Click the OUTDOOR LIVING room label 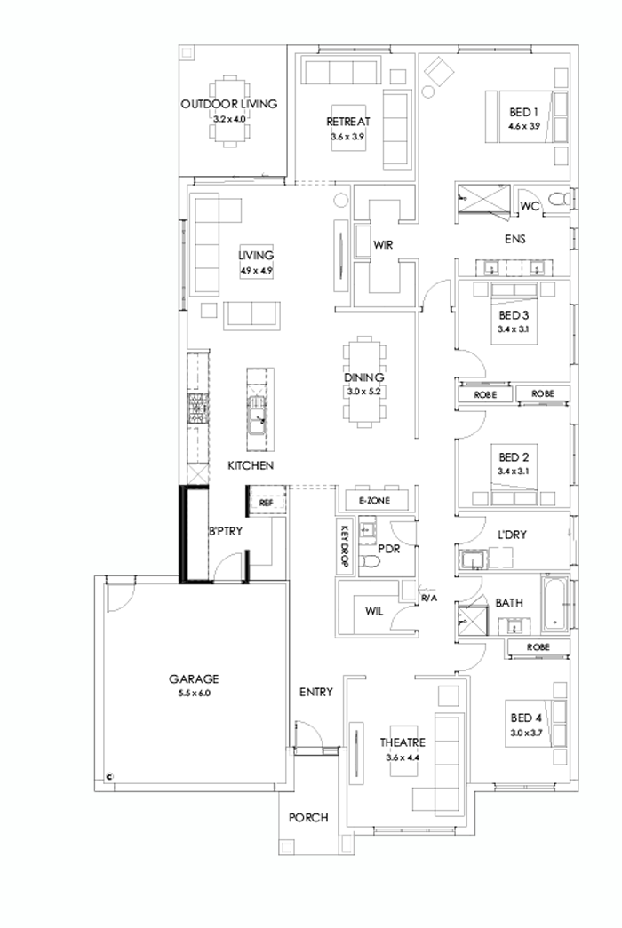(228, 104)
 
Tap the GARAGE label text (194, 679)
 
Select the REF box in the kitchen (265, 503)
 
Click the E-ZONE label (374, 501)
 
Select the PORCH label (309, 818)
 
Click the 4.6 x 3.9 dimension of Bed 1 (524, 126)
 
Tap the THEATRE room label (403, 742)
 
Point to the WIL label (374, 611)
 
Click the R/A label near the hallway (430, 599)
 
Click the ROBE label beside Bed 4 (537, 647)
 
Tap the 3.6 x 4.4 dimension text (403, 757)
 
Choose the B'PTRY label (226, 532)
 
